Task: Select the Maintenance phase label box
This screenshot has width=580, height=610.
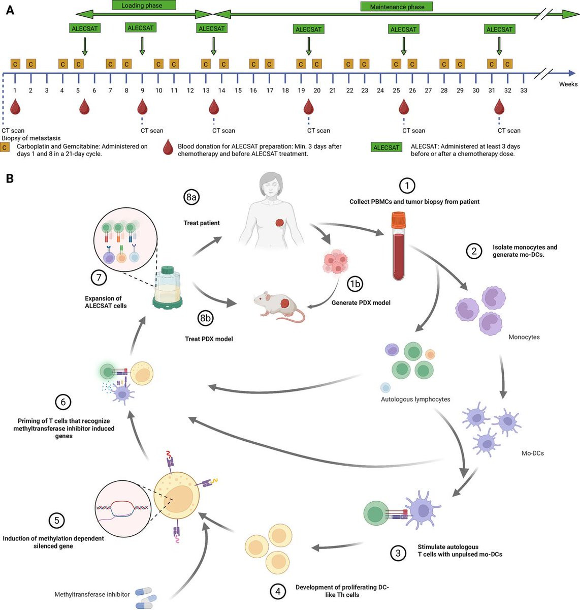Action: (x=397, y=7)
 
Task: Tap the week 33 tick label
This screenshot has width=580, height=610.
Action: (x=523, y=90)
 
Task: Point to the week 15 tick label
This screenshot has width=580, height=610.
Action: (x=238, y=90)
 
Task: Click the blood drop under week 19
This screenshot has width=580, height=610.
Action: (x=308, y=107)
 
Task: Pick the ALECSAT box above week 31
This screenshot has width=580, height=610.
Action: (x=499, y=29)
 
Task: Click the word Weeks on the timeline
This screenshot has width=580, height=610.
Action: (x=568, y=84)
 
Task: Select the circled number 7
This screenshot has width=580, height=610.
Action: (x=99, y=278)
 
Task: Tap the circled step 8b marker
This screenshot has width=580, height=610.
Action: (x=205, y=318)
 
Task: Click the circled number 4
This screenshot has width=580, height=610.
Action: (x=277, y=591)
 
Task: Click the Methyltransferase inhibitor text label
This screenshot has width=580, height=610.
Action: (x=92, y=594)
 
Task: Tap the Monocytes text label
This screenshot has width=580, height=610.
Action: (x=524, y=337)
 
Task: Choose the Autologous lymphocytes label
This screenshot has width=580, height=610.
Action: (x=415, y=400)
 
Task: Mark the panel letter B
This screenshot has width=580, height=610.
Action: (x=9, y=179)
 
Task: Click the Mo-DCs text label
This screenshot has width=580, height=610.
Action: (x=532, y=453)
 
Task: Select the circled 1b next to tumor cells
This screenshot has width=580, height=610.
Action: (x=355, y=284)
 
